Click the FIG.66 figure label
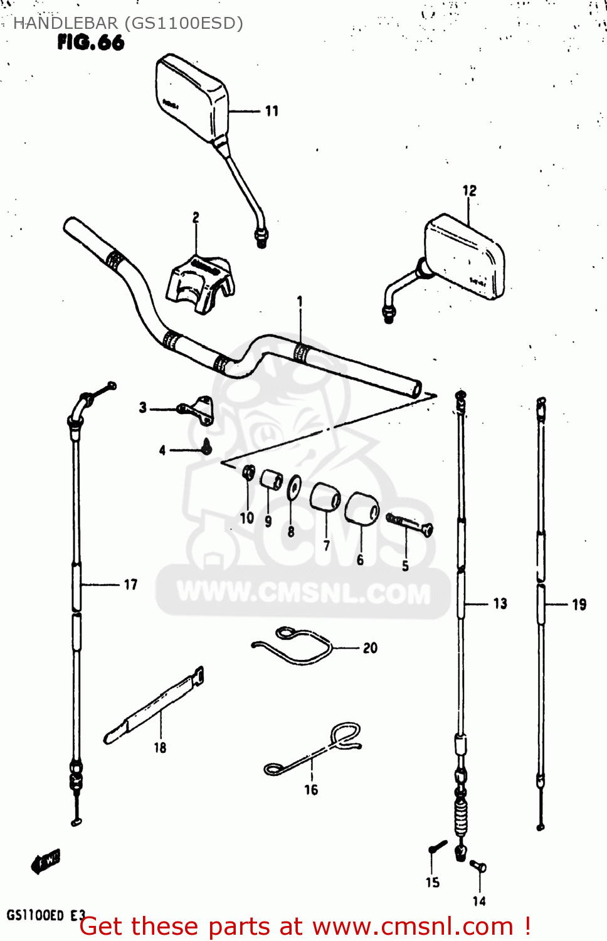click(x=91, y=43)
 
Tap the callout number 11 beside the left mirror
click(x=272, y=111)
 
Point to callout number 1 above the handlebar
click(x=300, y=302)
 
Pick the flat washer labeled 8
click(x=293, y=487)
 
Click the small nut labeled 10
click(x=248, y=472)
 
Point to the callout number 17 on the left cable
click(x=130, y=585)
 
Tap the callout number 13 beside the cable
click(x=500, y=603)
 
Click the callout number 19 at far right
click(x=579, y=605)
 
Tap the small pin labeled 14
click(x=478, y=867)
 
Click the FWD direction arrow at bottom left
click(x=46, y=861)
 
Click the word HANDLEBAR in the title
click(x=65, y=23)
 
